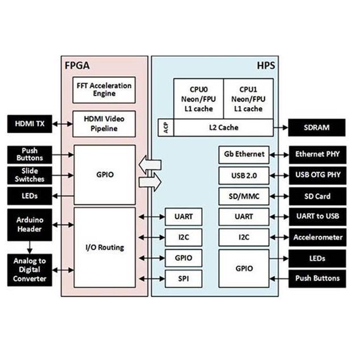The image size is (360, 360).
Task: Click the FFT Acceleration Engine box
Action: pyautogui.click(x=104, y=90)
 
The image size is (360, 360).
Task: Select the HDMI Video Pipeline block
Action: pyautogui.click(x=104, y=124)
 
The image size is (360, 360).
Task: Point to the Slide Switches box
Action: pyautogui.click(x=29, y=175)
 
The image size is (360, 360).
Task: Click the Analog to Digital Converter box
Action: pyautogui.click(x=29, y=270)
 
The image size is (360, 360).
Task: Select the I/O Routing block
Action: pyautogui.click(x=104, y=247)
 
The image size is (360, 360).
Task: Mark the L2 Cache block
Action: pyautogui.click(x=223, y=128)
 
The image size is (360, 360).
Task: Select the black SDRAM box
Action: pyautogui.click(x=316, y=128)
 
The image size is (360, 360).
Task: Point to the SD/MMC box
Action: pyautogui.click(x=244, y=196)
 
